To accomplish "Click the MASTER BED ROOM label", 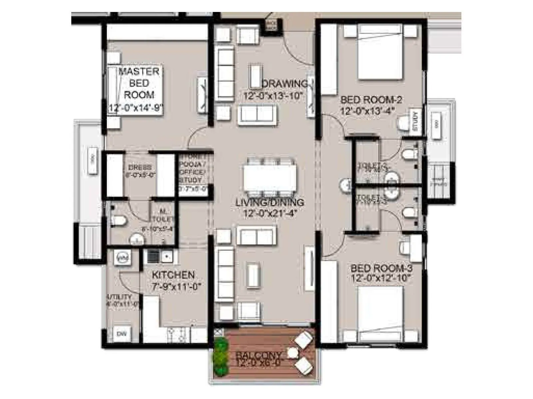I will point(139,83).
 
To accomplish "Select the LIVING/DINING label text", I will point(269,202).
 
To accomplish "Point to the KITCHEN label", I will point(173,275).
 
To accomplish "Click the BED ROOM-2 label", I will point(371,99).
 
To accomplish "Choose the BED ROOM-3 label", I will point(382,268).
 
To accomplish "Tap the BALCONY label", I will point(259,355).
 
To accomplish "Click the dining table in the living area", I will point(269,178).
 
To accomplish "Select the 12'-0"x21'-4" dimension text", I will point(269,213).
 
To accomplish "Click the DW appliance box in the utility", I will point(122,334).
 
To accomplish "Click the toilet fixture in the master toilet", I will point(119,220).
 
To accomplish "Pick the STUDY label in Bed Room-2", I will point(415,121).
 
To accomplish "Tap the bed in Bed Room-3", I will point(381,308).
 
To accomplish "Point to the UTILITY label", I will point(119,297).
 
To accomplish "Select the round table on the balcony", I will point(292,353).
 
